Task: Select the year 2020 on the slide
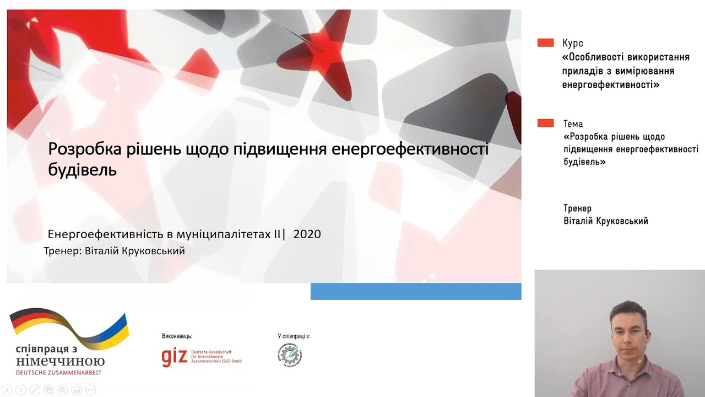[307, 234]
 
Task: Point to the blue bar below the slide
[415, 291]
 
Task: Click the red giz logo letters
[174, 356]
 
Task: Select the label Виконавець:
[177, 336]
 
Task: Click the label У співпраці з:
[294, 336]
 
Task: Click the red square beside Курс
[545, 42]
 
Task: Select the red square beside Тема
[545, 123]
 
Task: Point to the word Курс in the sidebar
[573, 43]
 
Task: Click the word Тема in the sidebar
[573, 124]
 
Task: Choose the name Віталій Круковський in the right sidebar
[606, 221]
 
